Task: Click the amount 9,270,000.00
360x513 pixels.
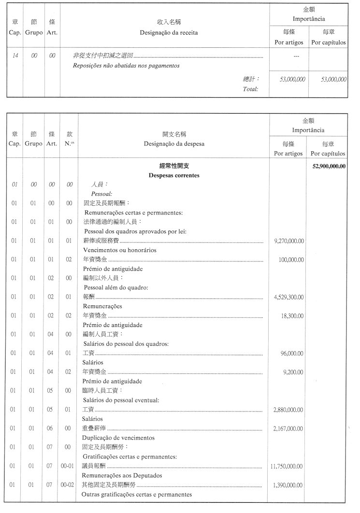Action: [x=288, y=241]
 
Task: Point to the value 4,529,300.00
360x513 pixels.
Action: [x=288, y=297]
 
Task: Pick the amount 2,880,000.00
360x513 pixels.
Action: [x=288, y=410]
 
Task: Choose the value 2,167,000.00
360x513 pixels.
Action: [x=288, y=428]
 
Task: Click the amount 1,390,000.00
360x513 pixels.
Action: [x=288, y=485]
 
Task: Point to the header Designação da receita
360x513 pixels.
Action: [x=165, y=33]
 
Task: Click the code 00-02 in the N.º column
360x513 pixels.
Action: [x=68, y=485]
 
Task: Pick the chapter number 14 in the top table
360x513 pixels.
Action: [x=15, y=56]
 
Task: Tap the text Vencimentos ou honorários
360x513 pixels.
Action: [x=120, y=250]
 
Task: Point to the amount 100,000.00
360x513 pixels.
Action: [x=291, y=259]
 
